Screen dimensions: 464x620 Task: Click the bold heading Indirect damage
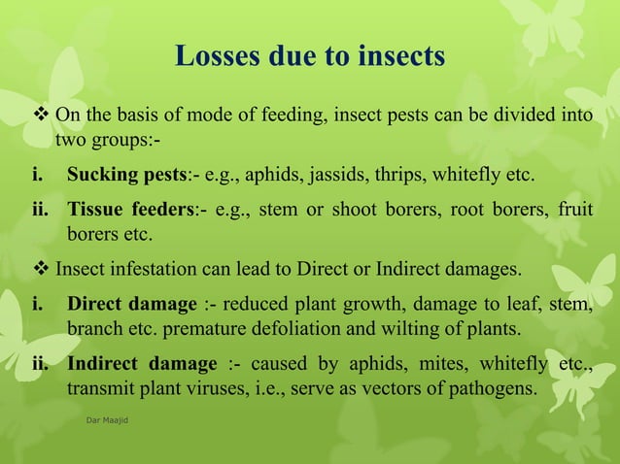(x=142, y=364)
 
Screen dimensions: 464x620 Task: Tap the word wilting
(x=440, y=329)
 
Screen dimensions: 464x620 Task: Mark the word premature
(x=212, y=329)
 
